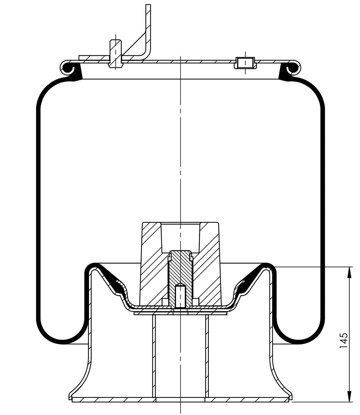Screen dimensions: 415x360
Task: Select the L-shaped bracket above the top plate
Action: click(146, 37)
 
